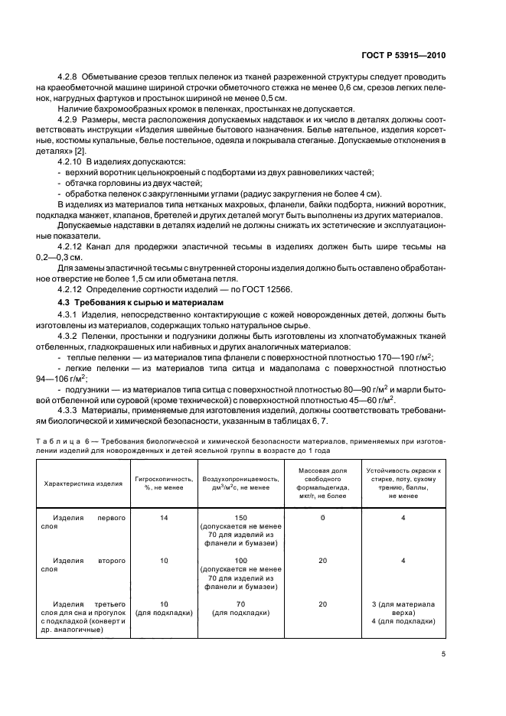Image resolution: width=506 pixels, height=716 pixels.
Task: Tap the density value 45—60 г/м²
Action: (x=369, y=399)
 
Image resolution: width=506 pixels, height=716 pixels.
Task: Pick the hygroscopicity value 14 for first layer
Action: (x=162, y=518)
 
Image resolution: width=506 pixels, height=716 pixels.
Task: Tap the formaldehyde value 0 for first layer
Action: (x=322, y=518)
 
